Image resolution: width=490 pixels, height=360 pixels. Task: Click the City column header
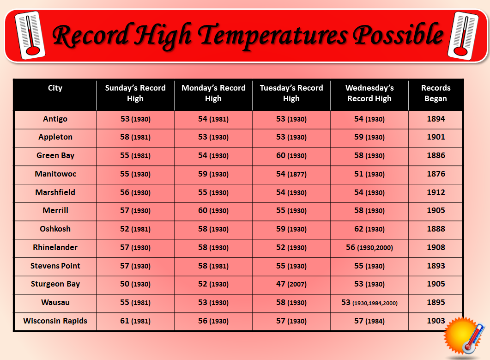(x=55, y=88)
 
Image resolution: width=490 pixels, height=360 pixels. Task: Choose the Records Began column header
(x=436, y=93)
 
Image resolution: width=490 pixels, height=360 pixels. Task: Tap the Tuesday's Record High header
(x=291, y=93)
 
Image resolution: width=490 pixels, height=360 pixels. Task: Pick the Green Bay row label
(x=55, y=156)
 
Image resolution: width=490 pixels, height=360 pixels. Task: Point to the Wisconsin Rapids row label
(x=55, y=321)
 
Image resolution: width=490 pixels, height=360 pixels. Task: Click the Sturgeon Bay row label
(x=55, y=284)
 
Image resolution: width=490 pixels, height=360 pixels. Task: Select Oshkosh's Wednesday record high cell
(x=369, y=229)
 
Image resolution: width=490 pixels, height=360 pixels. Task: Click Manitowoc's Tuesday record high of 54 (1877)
(x=291, y=174)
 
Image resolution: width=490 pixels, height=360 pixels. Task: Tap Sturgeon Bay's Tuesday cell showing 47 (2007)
(x=291, y=284)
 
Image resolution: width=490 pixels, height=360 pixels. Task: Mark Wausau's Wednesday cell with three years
(x=369, y=303)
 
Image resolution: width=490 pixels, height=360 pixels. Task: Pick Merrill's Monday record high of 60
(x=213, y=211)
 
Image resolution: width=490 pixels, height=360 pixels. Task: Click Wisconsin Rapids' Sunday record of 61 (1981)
(x=135, y=321)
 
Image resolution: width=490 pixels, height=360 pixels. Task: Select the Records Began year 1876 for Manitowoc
(x=436, y=174)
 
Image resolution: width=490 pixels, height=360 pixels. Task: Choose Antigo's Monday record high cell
(x=213, y=119)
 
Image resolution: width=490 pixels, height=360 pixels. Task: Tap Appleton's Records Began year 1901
(x=436, y=137)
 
